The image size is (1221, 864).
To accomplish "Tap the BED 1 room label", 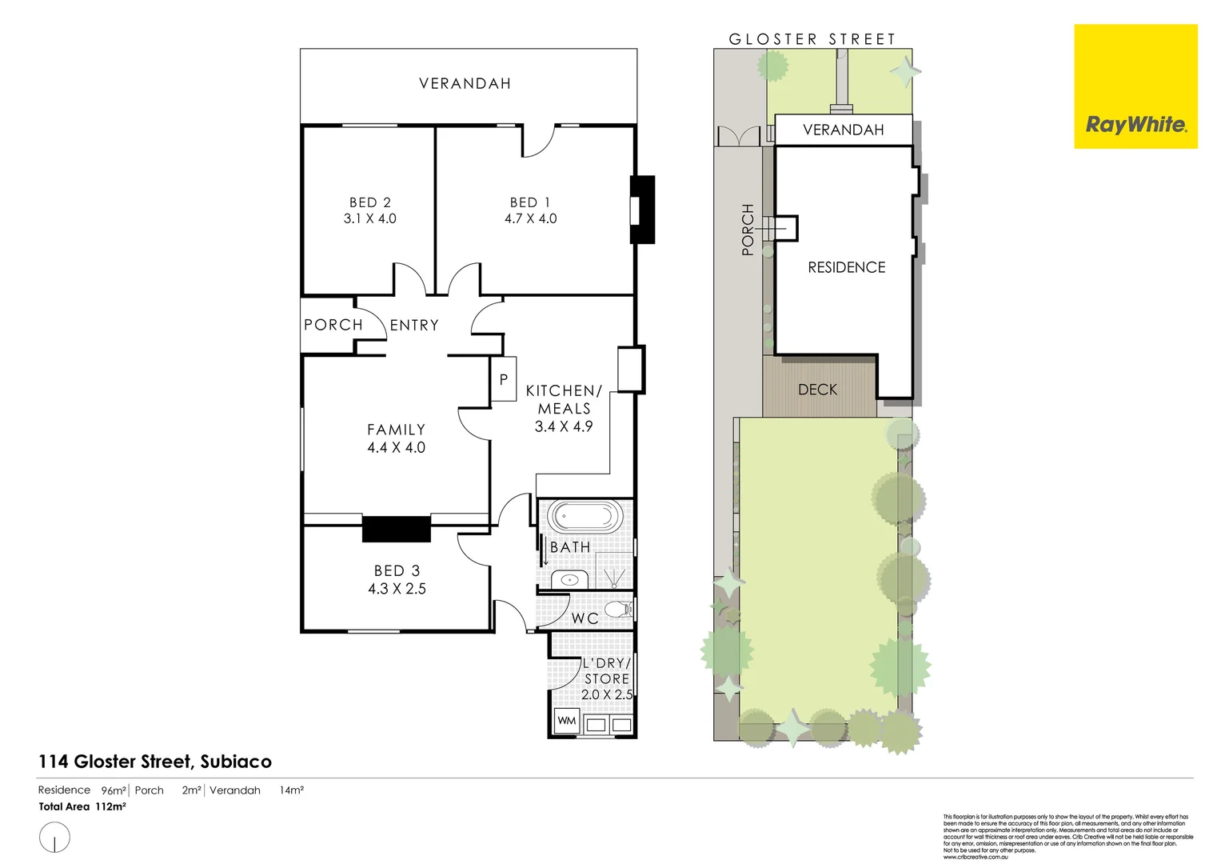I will (530, 202).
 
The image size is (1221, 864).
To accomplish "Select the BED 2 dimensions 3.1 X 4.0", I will (370, 218).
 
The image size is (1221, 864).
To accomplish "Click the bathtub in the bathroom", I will (586, 517).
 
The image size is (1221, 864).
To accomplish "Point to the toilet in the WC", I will (617, 610).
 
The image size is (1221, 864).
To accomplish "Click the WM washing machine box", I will (567, 721).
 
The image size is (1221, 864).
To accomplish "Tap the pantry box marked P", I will (504, 379).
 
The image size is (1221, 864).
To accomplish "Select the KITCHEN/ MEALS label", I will (564, 399).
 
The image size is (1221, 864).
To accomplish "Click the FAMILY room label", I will (396, 430).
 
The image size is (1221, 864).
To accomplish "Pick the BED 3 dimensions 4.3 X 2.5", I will (397, 589).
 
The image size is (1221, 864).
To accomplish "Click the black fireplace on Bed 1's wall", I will (642, 210).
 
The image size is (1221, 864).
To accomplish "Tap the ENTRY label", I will (414, 325).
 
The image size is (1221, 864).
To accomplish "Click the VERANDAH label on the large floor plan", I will (465, 83).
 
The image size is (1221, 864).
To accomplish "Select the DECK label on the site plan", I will (818, 390).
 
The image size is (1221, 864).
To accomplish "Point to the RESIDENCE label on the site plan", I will (847, 267).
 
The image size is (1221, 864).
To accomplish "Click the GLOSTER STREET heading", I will (812, 38).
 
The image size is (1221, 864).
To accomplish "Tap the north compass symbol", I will (54, 838).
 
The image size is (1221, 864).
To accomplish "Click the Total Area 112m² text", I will (82, 806).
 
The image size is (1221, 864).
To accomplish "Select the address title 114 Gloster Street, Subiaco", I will (155, 762).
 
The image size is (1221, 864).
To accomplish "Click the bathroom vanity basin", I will (570, 579).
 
